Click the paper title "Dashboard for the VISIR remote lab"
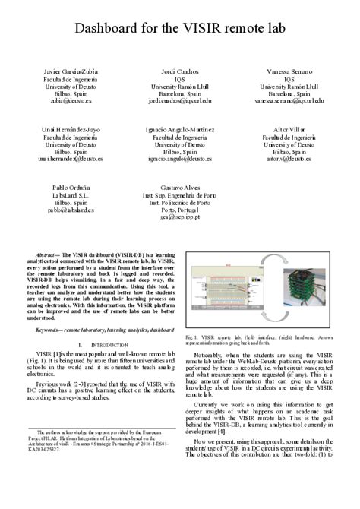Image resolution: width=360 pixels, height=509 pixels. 180,29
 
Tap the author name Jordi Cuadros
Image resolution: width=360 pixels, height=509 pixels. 180,71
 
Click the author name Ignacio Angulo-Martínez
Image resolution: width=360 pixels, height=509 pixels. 180,130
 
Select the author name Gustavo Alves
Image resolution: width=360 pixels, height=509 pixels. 180,188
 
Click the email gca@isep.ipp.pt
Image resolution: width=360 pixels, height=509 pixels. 180,217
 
